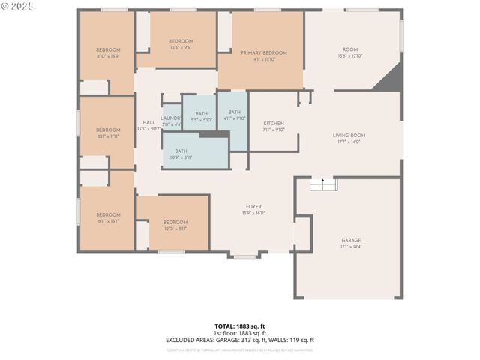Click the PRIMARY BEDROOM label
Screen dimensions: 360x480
(x=263, y=52)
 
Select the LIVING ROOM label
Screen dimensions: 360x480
(x=349, y=136)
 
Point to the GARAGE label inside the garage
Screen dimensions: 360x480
(x=351, y=241)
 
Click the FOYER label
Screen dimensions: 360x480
(x=253, y=207)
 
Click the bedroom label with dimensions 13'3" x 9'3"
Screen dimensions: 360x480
(x=180, y=41)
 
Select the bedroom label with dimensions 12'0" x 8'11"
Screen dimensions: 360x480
(x=175, y=222)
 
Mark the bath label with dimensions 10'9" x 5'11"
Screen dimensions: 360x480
(x=181, y=151)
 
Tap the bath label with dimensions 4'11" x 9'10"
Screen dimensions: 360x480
(x=235, y=112)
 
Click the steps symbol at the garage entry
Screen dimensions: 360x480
(x=323, y=184)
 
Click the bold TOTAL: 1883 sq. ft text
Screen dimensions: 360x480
(x=240, y=326)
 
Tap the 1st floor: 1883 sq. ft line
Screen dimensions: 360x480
(x=240, y=333)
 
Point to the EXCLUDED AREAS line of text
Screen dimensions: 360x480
(x=240, y=340)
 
